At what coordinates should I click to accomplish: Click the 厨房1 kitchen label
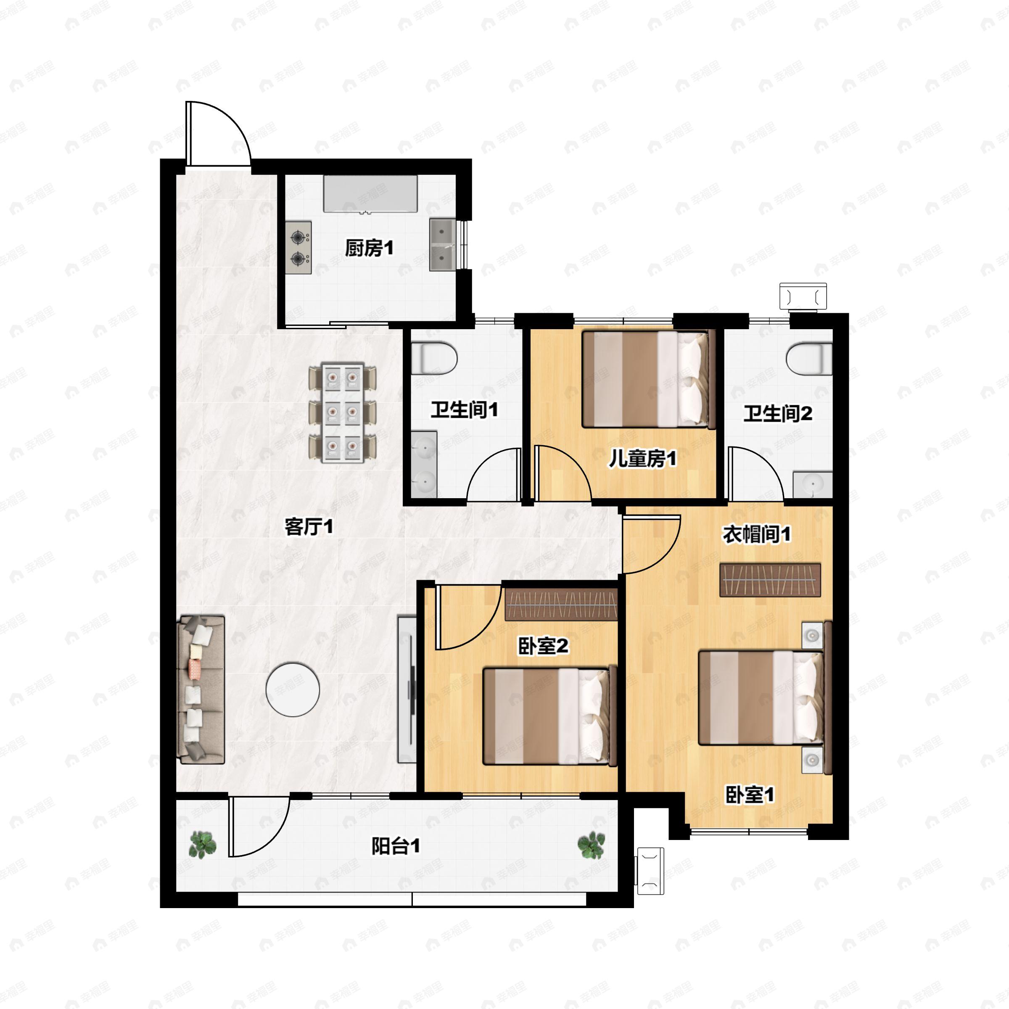point(369,248)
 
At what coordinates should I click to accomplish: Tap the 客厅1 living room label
point(309,526)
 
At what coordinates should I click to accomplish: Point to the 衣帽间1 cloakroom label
point(756,534)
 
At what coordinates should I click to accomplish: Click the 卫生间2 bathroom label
point(778,414)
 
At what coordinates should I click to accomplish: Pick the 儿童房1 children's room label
point(642,459)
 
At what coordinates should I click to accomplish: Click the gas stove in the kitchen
point(298,248)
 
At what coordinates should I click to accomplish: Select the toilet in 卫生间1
point(434,358)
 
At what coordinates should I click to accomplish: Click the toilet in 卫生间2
point(809,358)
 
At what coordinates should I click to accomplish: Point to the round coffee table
point(293,689)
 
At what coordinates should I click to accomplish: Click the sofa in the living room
point(202,689)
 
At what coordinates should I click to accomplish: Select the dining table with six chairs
point(343,412)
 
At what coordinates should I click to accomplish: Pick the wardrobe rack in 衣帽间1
point(770,580)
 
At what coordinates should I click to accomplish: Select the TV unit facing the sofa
point(407,689)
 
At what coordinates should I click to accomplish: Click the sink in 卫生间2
point(813,484)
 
